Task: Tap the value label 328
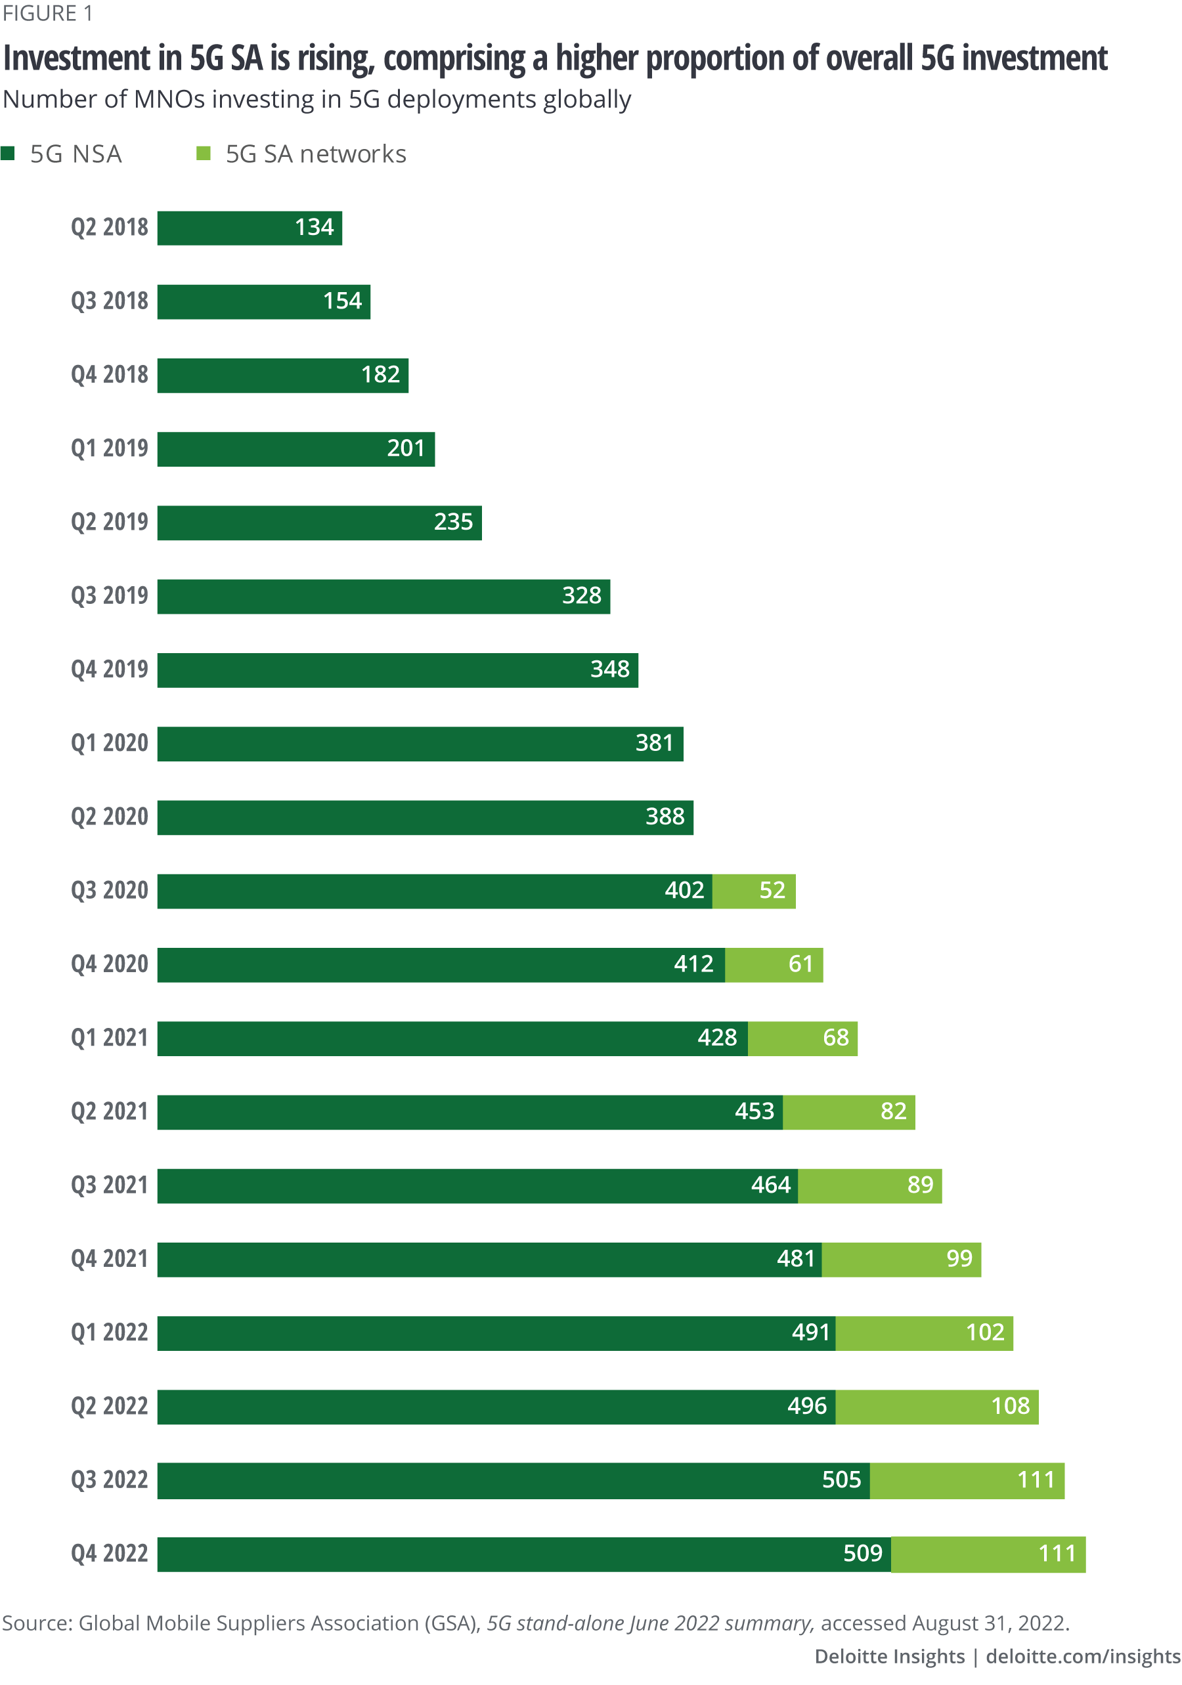[581, 595]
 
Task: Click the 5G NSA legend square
[8, 154]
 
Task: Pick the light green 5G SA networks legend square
[204, 154]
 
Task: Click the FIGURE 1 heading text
[48, 14]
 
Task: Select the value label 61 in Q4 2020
[800, 964]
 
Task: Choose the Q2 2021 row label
[110, 1111]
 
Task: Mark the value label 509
[862, 1554]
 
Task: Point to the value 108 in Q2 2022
[1010, 1406]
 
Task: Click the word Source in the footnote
[35, 1623]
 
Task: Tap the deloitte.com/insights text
[1083, 1657]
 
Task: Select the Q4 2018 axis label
[110, 375]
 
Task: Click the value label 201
[406, 448]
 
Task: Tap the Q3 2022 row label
[110, 1480]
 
